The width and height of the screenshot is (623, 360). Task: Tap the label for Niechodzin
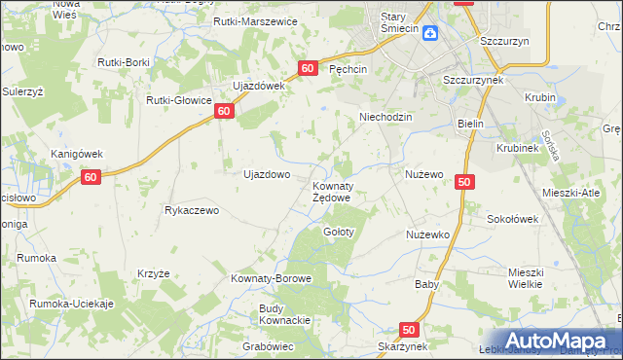pos(386,117)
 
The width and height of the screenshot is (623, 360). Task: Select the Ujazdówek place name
pos(257,86)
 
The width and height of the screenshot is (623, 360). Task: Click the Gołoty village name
pos(338,232)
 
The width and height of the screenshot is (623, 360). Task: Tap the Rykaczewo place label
pos(196,210)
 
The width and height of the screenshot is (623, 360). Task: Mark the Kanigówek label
pos(77,154)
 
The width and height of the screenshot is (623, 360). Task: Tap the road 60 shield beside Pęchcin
pos(308,68)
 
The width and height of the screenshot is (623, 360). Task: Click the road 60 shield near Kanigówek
pos(91,177)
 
